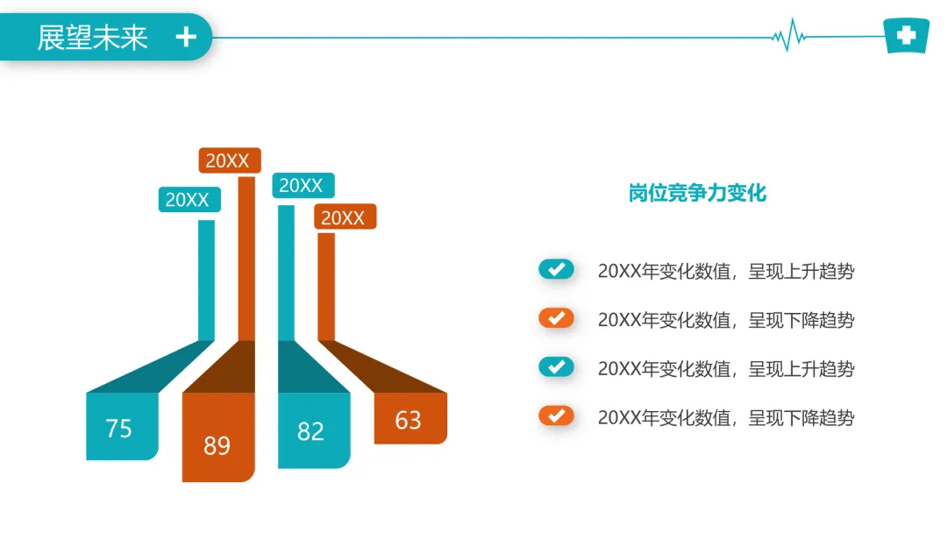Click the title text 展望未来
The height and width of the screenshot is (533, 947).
[x=92, y=38]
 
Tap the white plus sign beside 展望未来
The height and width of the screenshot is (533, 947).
[x=186, y=38]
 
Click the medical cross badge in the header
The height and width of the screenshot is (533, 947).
[x=906, y=36]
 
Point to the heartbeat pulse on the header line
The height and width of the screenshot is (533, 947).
[x=789, y=35]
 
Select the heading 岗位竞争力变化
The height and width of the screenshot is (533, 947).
[x=697, y=193]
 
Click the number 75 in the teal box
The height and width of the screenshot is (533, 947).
[x=118, y=429]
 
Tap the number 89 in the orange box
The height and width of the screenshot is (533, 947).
[x=217, y=446]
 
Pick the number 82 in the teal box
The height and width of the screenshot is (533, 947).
[x=310, y=431]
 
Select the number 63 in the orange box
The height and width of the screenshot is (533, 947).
[x=408, y=420]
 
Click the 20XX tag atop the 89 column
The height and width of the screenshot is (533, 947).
[x=230, y=160]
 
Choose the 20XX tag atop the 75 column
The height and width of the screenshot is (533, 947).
[x=189, y=200]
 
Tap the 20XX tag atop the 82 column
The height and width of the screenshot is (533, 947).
[x=303, y=185]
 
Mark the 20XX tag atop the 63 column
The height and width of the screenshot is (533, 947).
[x=345, y=217]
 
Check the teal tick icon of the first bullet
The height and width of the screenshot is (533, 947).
[x=556, y=269]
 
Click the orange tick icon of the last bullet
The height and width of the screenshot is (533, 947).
[x=556, y=416]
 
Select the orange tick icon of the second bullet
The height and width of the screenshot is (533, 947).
[x=556, y=318]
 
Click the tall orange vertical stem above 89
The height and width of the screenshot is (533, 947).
[x=246, y=259]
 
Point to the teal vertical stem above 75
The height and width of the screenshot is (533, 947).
[x=207, y=281]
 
